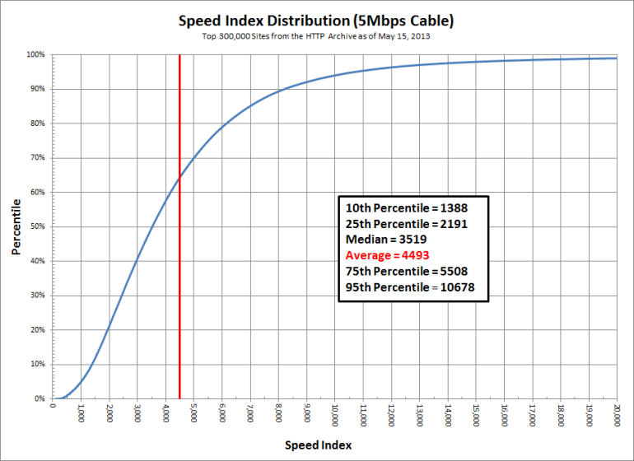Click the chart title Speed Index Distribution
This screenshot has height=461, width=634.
[x=317, y=21]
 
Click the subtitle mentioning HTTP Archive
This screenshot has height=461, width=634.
[x=317, y=37]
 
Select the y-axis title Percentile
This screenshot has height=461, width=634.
[x=16, y=226]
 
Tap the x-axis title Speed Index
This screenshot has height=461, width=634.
[x=319, y=445]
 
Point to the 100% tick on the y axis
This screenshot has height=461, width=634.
[x=36, y=54]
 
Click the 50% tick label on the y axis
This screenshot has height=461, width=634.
[x=38, y=226]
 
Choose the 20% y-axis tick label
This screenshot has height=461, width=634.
[x=38, y=329]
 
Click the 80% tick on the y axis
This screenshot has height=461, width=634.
[x=38, y=123]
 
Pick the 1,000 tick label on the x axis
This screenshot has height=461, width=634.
[x=81, y=412]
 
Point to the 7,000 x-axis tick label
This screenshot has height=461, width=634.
[x=250, y=412]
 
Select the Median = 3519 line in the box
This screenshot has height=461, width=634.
[x=384, y=240]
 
